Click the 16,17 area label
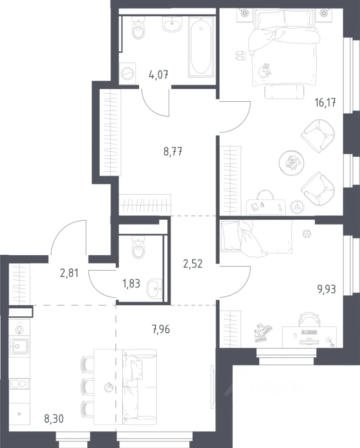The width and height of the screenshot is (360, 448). (325, 103)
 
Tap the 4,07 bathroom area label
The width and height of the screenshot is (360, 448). (159, 75)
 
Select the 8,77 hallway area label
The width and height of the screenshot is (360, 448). (173, 151)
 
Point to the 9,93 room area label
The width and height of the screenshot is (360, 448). (326, 289)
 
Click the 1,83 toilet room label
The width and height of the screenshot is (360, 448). (132, 283)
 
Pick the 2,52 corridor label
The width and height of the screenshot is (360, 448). (193, 263)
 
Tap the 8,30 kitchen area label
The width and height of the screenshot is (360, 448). (54, 419)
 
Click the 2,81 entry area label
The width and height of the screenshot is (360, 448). (69, 273)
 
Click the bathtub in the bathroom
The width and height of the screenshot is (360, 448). (201, 47)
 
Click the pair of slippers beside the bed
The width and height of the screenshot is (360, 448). (241, 56)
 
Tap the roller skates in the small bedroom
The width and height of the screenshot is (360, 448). (263, 333)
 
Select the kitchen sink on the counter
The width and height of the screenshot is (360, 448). (19, 346)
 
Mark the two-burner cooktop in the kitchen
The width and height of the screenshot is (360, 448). (20, 383)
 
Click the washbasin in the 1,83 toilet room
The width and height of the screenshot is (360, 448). (154, 289)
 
